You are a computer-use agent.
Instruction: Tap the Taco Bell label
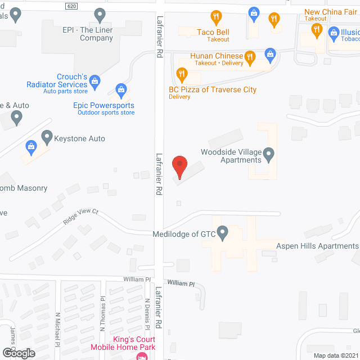213,32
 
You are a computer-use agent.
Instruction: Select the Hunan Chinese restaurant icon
250,56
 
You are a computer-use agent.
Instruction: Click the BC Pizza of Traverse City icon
181,74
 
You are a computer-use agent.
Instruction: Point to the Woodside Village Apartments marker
269,153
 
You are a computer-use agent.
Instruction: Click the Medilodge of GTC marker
223,231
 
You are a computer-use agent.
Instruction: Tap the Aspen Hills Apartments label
317,246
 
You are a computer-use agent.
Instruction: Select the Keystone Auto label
79,138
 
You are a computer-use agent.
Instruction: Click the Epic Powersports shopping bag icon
120,89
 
